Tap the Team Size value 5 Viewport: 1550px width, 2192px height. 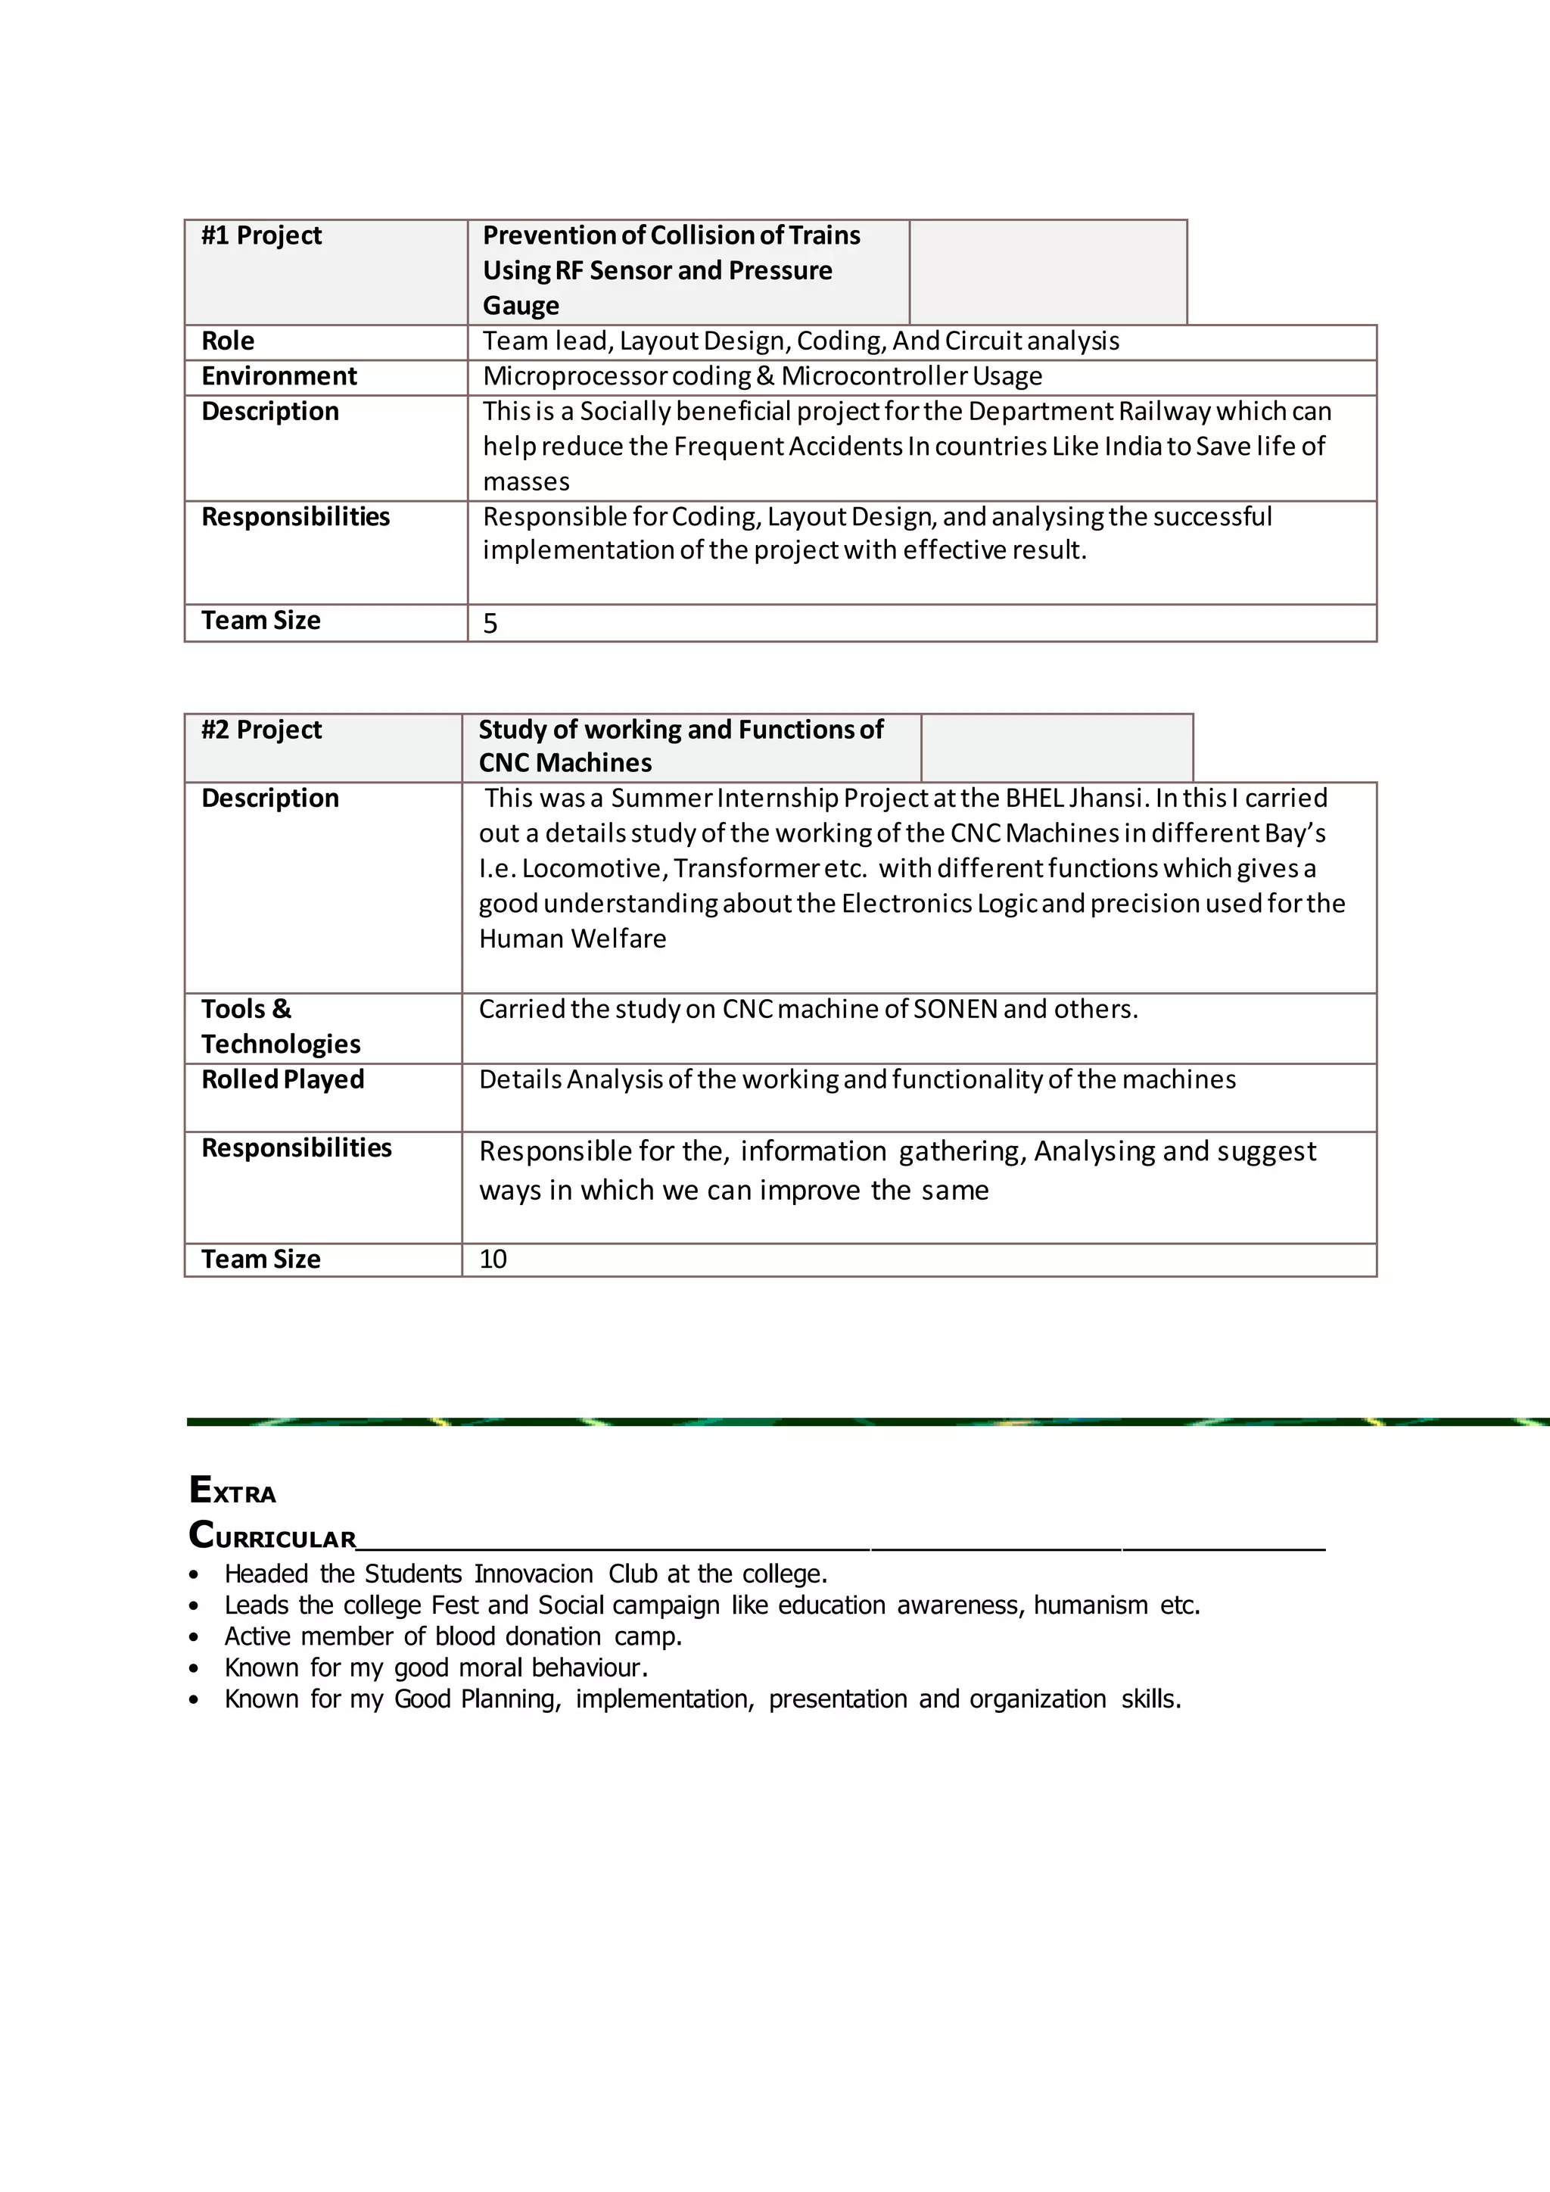tap(490, 624)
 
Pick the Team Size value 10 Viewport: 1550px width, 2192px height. tap(493, 1259)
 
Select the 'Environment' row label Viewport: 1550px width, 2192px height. tap(279, 377)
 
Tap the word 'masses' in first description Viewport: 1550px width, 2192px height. tap(526, 482)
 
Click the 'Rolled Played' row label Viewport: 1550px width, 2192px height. tap(282, 1080)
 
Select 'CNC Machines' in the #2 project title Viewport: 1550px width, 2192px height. tap(565, 764)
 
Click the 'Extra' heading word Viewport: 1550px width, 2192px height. tap(233, 1490)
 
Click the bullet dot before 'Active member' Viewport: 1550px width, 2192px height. tap(194, 1637)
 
